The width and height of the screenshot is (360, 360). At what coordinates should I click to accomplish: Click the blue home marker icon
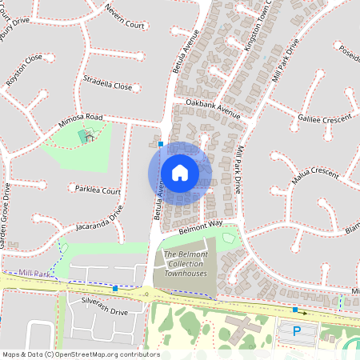[x=180, y=172]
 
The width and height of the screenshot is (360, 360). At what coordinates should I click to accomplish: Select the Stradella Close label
[x=107, y=82]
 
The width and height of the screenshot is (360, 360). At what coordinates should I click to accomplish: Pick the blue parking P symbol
[x=296, y=331]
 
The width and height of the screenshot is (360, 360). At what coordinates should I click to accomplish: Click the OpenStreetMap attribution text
[x=81, y=354]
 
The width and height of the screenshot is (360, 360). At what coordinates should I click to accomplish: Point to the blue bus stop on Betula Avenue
[x=161, y=145]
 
